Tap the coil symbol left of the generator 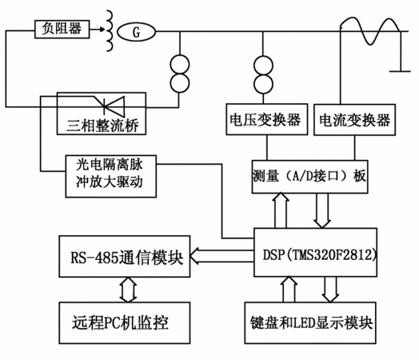point(110,30)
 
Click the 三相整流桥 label point(102,126)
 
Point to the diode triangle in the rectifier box point(114,106)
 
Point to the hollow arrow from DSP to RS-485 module point(221,256)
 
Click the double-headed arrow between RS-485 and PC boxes point(128,290)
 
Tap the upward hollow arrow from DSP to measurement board point(281,210)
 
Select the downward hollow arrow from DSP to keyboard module point(330,290)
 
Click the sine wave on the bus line point(370,30)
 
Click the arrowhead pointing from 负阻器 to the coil point(102,29)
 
